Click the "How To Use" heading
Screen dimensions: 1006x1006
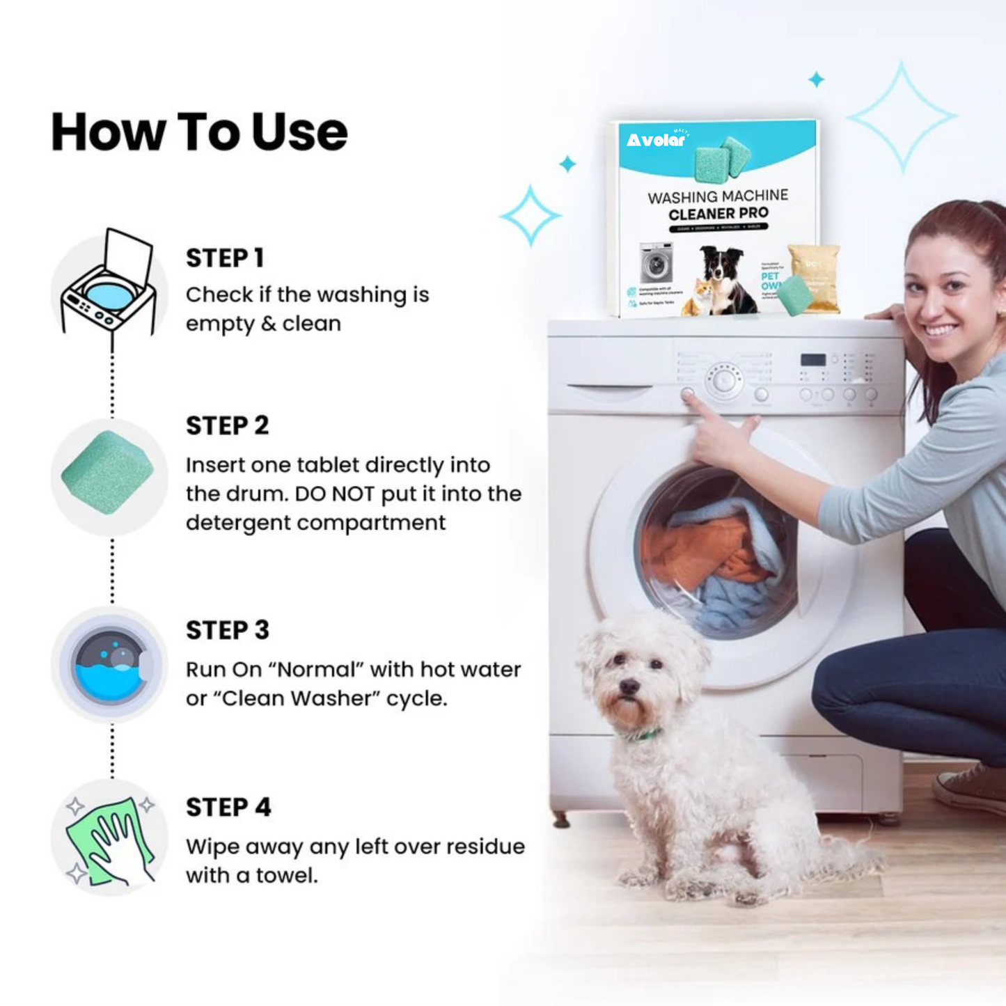[x=199, y=132]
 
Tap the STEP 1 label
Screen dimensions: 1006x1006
[x=224, y=258]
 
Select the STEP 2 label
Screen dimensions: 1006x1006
[x=227, y=425]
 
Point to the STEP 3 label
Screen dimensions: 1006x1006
[x=227, y=630]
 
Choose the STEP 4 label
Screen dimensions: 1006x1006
[x=228, y=808]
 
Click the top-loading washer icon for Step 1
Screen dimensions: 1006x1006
[x=109, y=285]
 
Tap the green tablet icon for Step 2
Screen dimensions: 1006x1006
[x=108, y=473]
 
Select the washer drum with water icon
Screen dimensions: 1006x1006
[x=110, y=666]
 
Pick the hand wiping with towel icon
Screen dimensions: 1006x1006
[x=109, y=840]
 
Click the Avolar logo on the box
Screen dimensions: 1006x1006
[x=657, y=140]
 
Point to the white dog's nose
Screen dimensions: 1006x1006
[x=629, y=687]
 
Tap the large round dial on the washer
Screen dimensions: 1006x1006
[x=724, y=380]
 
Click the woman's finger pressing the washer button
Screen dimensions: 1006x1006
[x=690, y=397]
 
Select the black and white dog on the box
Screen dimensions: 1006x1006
[x=724, y=278]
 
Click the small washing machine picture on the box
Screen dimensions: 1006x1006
[x=657, y=262]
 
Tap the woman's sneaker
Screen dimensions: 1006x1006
[x=971, y=787]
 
